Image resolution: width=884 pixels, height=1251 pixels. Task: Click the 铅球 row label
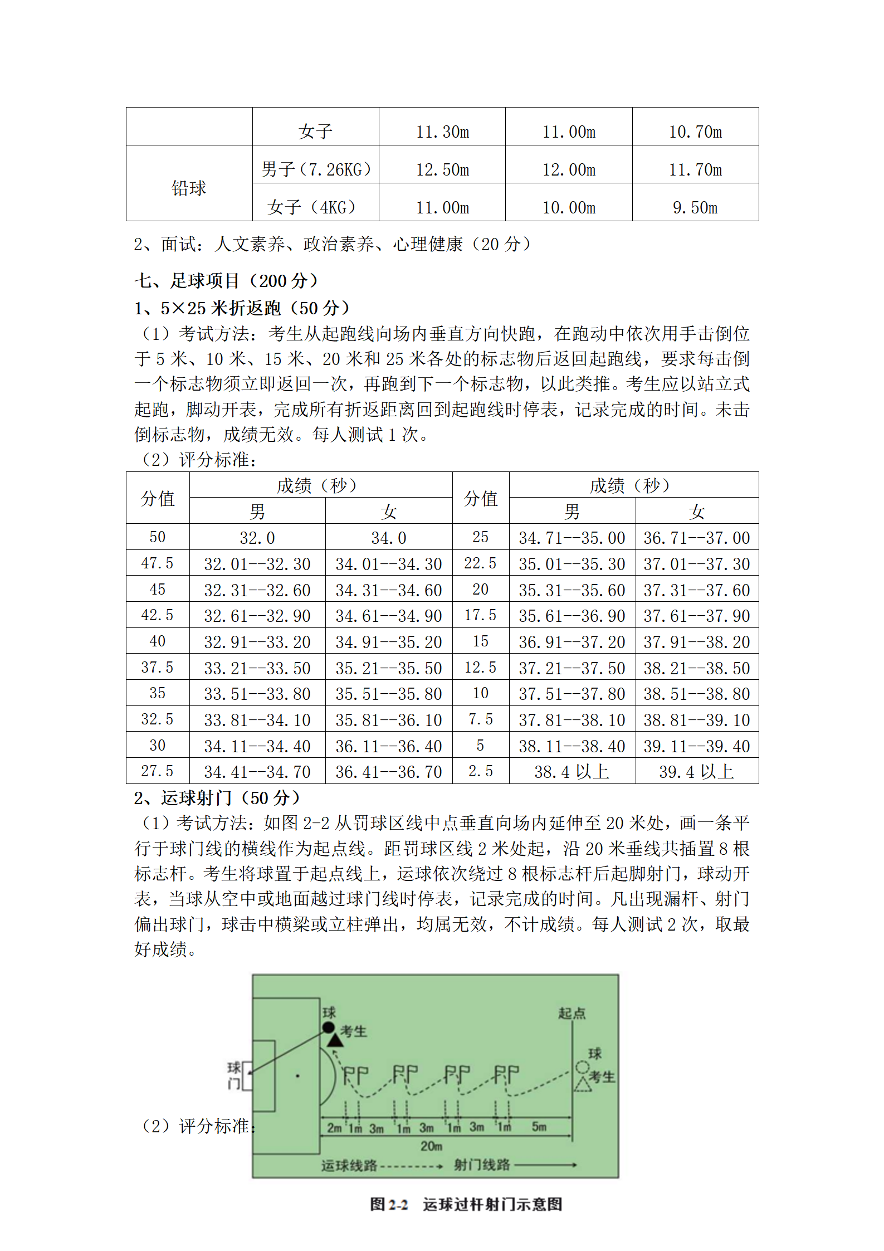click(x=189, y=188)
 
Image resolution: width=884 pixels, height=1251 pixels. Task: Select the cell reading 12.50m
click(x=442, y=169)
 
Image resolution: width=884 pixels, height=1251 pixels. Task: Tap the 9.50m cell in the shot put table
click(x=695, y=207)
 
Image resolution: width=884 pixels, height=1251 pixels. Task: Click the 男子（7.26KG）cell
click(x=316, y=169)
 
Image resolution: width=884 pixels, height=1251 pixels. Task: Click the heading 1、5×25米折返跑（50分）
click(x=242, y=308)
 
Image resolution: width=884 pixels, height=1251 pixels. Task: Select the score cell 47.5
click(x=157, y=563)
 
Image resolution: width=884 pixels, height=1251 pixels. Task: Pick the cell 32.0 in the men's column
click(x=257, y=538)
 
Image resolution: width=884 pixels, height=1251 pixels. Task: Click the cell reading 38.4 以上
click(x=572, y=772)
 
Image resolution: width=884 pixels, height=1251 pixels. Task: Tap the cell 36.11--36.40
click(x=388, y=746)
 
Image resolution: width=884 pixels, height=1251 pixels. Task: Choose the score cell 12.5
click(x=480, y=668)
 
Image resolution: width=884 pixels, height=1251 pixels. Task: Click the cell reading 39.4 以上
click(x=696, y=772)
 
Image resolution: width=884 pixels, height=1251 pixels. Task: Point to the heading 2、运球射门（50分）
click(x=217, y=798)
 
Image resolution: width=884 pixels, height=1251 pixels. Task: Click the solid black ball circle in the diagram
click(x=329, y=1028)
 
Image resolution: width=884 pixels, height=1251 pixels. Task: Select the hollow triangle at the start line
click(x=583, y=1084)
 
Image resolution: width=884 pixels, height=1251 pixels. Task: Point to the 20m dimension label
click(x=431, y=1145)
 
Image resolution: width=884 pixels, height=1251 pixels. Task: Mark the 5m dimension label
click(x=539, y=1126)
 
